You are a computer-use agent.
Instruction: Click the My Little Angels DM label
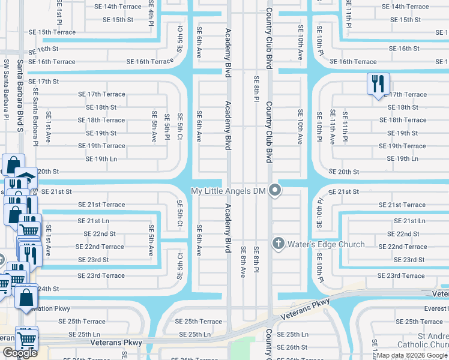tap(228, 191)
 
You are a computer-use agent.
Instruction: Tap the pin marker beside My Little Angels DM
tap(276, 191)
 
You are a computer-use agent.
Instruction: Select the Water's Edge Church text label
tap(326, 244)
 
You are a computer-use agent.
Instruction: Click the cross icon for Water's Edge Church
tap(278, 244)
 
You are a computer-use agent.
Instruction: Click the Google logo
tap(20, 353)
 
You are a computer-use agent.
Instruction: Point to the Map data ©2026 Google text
tap(412, 355)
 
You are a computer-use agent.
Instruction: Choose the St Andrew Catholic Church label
tap(424, 340)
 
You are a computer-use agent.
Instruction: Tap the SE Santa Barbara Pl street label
tap(35, 117)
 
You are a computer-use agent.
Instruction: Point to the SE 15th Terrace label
tap(52, 32)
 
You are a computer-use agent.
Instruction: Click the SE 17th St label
tap(43, 81)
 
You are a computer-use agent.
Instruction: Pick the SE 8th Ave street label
tap(243, 262)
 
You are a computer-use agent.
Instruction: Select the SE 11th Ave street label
tap(332, 127)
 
